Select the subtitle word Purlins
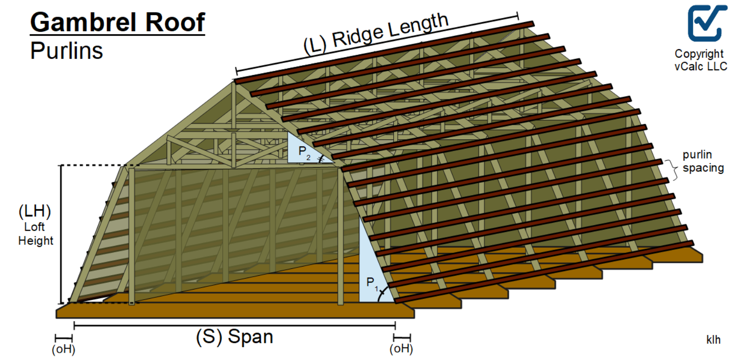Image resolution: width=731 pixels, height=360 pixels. coord(66,51)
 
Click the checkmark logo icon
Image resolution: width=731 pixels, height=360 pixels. coord(707,23)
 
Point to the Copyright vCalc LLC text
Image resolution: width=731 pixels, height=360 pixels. coord(700,60)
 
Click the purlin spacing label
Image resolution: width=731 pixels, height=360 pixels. coord(703,161)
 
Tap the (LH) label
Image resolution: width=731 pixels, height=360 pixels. coord(35,211)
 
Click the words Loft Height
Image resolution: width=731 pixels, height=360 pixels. coord(35,234)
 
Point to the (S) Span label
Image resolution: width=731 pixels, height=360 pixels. coord(234,337)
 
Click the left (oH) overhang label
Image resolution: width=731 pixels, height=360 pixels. coord(63,349)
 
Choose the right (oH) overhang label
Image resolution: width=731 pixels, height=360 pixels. coord(401,348)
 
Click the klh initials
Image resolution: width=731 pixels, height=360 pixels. coord(713,340)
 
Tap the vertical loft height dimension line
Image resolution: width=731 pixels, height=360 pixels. coord(61,235)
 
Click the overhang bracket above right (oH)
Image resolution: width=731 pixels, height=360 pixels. coord(402,338)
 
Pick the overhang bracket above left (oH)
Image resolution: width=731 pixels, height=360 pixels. coord(64,339)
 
